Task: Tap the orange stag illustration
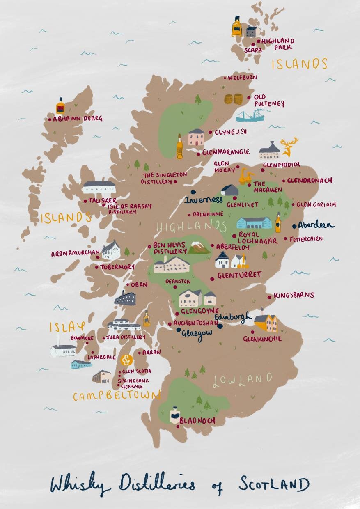coord(288,147)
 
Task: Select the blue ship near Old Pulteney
coord(250,116)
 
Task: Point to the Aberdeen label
coord(316,225)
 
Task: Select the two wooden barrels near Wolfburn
coord(234,99)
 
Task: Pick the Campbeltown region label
coord(117,396)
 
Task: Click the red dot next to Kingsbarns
coord(269,297)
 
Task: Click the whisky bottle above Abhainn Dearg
coord(60,107)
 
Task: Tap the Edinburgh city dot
coord(220,326)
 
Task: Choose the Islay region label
coord(67,327)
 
